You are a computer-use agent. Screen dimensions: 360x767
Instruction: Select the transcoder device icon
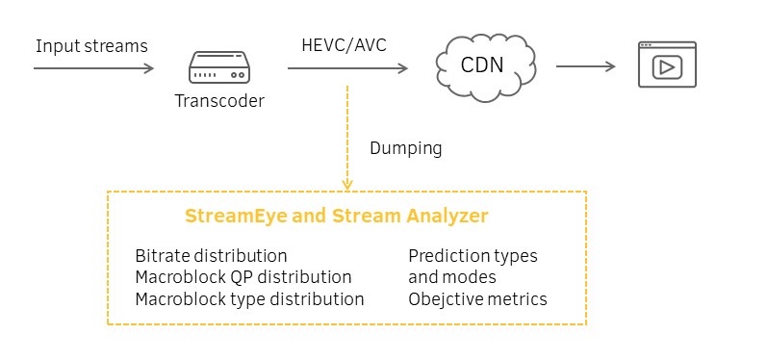pyautogui.click(x=219, y=68)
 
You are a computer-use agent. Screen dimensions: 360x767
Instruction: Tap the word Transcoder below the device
pyautogui.click(x=219, y=101)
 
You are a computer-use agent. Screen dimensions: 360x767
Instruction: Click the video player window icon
pyautogui.click(x=667, y=65)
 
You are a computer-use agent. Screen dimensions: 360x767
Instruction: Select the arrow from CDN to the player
pyautogui.click(x=585, y=67)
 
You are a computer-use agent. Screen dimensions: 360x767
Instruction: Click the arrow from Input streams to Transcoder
pyautogui.click(x=93, y=68)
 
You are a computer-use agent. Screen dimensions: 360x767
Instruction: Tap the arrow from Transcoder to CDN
pyautogui.click(x=346, y=68)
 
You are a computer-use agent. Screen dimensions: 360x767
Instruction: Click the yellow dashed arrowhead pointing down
pyautogui.click(x=346, y=183)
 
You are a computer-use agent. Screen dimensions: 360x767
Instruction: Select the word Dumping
pyautogui.click(x=405, y=148)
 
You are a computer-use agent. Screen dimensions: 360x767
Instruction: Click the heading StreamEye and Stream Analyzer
pyautogui.click(x=336, y=217)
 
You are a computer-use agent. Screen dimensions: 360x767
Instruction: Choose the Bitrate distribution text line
pyautogui.click(x=211, y=256)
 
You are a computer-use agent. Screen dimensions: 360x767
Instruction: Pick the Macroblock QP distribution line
pyautogui.click(x=243, y=277)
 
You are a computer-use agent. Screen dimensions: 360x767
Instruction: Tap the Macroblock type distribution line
pyautogui.click(x=249, y=299)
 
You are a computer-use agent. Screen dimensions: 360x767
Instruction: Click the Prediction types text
pyautogui.click(x=473, y=256)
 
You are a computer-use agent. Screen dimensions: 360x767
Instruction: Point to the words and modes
pyautogui.click(x=451, y=277)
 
